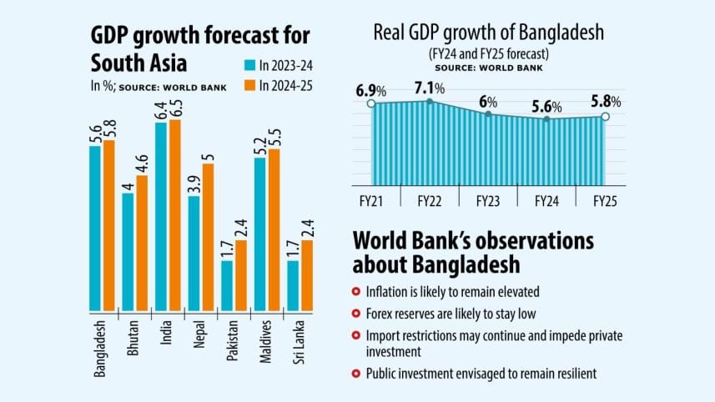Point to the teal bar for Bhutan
[128, 249]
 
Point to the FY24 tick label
[547, 201]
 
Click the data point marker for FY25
[605, 117]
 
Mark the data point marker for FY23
[488, 113]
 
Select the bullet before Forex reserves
[356, 314]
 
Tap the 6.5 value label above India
[174, 107]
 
